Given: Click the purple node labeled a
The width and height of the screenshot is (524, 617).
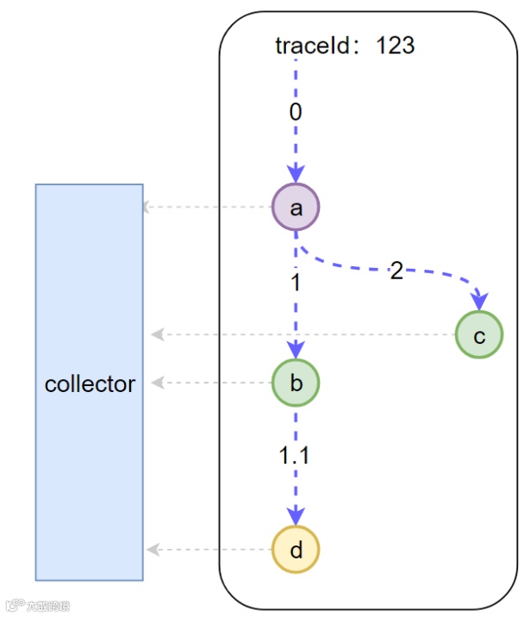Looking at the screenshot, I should pyautogui.click(x=296, y=208).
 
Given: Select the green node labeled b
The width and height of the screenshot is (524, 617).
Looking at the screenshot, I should pyautogui.click(x=296, y=383).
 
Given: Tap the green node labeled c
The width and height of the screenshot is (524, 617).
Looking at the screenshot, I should pyautogui.click(x=479, y=335).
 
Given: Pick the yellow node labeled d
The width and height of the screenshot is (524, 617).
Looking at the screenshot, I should pyautogui.click(x=296, y=550).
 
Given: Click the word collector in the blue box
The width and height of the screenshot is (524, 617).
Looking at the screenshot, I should pyautogui.click(x=90, y=383).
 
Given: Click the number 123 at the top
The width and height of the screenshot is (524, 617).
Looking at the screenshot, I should pyautogui.click(x=396, y=45).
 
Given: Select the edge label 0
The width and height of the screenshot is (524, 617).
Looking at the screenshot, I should pyautogui.click(x=296, y=112).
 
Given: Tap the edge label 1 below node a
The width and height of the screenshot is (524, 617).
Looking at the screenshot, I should pyautogui.click(x=296, y=283).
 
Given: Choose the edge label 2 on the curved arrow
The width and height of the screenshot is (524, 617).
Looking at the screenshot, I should pyautogui.click(x=396, y=271).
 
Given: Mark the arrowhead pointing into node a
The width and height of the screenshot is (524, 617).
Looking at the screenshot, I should pyautogui.click(x=296, y=174).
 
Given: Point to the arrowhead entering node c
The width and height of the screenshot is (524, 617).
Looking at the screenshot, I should pyautogui.click(x=478, y=302).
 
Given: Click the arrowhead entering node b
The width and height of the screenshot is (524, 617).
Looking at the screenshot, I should pyautogui.click(x=296, y=350).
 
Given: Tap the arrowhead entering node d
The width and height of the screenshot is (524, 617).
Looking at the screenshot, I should pyautogui.click(x=296, y=517).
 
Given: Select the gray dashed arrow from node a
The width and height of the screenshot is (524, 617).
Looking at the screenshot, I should pyautogui.click(x=207, y=207).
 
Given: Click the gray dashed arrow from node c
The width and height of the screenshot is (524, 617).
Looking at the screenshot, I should pyautogui.click(x=302, y=334).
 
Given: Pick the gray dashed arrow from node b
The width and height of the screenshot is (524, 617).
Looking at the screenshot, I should pyautogui.click(x=211, y=382).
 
